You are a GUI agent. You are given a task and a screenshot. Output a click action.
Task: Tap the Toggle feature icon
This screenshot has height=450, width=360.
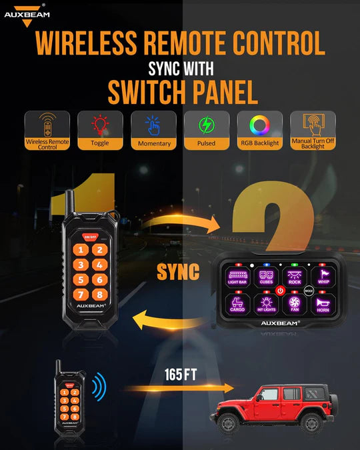click(x=99, y=125)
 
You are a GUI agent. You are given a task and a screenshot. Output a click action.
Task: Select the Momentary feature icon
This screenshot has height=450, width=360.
click(x=153, y=125)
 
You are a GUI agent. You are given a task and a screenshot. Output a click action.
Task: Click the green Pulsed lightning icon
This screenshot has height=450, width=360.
click(x=207, y=125)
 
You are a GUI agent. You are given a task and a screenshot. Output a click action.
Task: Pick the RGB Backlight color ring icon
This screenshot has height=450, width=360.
click(x=260, y=125)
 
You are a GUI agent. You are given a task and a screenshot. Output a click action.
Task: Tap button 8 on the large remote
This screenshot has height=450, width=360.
click(x=99, y=294)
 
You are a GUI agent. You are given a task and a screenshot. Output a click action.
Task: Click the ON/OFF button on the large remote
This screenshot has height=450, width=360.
click(x=89, y=235)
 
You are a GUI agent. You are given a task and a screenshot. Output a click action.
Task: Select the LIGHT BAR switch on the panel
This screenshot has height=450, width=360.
click(x=237, y=277)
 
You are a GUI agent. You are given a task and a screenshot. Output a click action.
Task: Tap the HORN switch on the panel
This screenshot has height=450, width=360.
click(x=323, y=305)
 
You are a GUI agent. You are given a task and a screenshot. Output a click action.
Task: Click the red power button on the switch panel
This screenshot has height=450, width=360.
click(x=281, y=291)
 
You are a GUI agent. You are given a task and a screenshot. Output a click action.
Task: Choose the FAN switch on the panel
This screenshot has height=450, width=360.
click(x=295, y=305)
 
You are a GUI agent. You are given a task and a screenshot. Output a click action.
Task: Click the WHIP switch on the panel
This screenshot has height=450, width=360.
click(x=323, y=277)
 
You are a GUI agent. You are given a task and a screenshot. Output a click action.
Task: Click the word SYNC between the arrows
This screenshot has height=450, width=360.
click(x=178, y=272)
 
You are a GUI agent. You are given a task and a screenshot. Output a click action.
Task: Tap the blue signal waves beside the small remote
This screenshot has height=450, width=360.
click(x=98, y=386)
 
